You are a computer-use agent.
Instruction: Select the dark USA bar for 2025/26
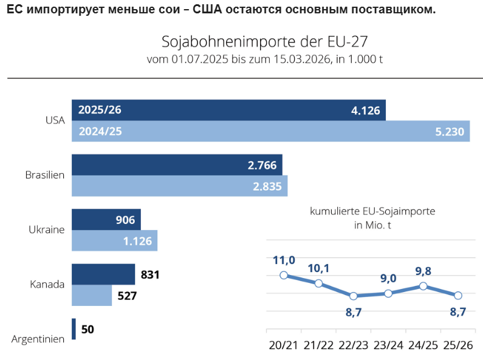coord(228,110)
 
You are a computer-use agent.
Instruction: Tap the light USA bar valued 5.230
coord(270,131)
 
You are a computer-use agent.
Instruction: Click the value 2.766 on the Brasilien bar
coord(262,165)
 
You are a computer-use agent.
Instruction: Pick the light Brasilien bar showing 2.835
coord(179,186)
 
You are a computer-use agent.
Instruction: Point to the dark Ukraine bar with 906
coord(106,219)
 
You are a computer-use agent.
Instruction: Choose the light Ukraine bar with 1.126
coord(114,240)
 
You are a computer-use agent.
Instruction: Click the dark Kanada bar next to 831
coord(103,274)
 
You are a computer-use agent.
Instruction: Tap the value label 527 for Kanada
coord(126,296)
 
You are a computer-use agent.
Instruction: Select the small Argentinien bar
coord(74,329)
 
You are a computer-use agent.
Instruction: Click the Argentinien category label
coord(38,339)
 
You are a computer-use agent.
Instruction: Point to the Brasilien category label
coord(45,175)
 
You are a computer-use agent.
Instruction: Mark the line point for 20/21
coord(284,275)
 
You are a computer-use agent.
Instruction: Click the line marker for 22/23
coord(354,296)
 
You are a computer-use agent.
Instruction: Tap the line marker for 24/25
coord(423,286)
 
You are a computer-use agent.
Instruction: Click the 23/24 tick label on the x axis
coord(388,345)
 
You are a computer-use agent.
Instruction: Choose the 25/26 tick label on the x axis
coord(458,345)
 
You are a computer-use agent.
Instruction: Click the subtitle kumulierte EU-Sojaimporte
coord(372,212)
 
